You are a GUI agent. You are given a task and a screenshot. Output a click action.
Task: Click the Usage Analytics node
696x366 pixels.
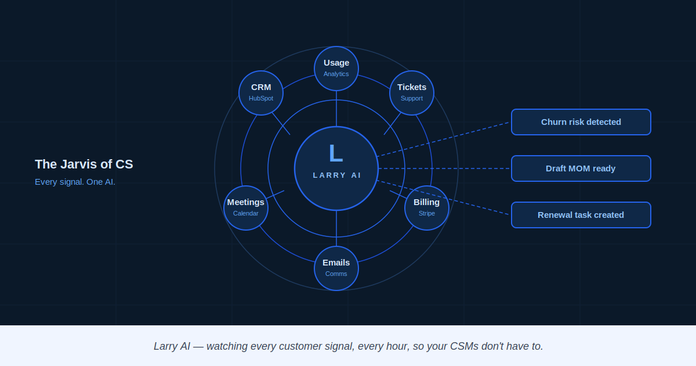pyautogui.click(x=336, y=68)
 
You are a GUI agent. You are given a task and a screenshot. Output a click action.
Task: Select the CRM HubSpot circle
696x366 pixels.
pyautogui.click(x=261, y=92)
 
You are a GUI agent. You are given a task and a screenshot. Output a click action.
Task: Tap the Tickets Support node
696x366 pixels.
pyautogui.click(x=412, y=92)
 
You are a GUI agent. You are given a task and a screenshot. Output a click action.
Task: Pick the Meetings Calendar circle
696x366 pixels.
pyautogui.click(x=246, y=207)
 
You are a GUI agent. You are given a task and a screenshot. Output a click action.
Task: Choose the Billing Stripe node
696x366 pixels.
pyautogui.click(x=427, y=207)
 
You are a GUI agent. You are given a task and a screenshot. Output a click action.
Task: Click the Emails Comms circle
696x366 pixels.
pyautogui.click(x=336, y=268)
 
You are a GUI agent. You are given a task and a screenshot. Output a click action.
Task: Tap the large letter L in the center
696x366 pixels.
pyautogui.click(x=336, y=154)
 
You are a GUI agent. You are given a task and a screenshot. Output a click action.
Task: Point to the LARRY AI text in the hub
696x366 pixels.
pyautogui.click(x=337, y=175)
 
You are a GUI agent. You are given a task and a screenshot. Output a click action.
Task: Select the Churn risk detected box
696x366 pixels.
pyautogui.click(x=581, y=122)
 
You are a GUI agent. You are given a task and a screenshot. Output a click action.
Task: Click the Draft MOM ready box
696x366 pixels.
pyautogui.click(x=581, y=168)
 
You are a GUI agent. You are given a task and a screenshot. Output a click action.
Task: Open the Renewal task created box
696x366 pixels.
pyautogui.click(x=581, y=215)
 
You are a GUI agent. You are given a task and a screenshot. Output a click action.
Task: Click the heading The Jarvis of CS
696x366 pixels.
pyautogui.click(x=84, y=164)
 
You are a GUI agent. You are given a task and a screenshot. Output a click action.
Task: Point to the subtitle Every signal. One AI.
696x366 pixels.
pyautogui.click(x=75, y=182)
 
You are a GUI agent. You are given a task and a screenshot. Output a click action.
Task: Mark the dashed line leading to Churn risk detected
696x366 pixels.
pyautogui.click(x=444, y=139)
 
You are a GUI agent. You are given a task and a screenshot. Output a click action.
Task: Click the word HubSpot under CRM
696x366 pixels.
pyautogui.click(x=261, y=99)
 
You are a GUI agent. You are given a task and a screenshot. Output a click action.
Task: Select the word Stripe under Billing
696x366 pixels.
pyautogui.click(x=427, y=214)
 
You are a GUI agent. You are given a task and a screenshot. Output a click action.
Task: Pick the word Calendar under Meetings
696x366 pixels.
pyautogui.click(x=246, y=214)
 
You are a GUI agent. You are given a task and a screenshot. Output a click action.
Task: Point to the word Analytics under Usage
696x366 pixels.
pyautogui.click(x=336, y=74)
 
